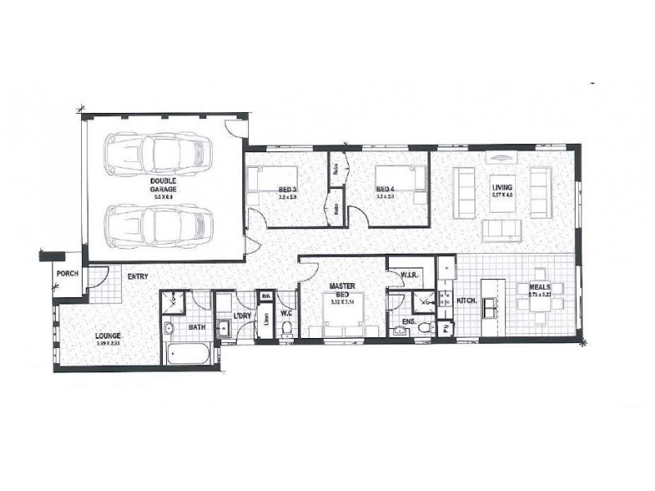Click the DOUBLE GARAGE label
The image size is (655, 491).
click(x=163, y=184)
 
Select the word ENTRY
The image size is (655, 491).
click(x=137, y=277)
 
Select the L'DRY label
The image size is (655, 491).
click(x=242, y=316)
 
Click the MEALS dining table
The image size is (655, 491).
click(x=540, y=302)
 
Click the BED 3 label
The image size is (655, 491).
click(x=287, y=188)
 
